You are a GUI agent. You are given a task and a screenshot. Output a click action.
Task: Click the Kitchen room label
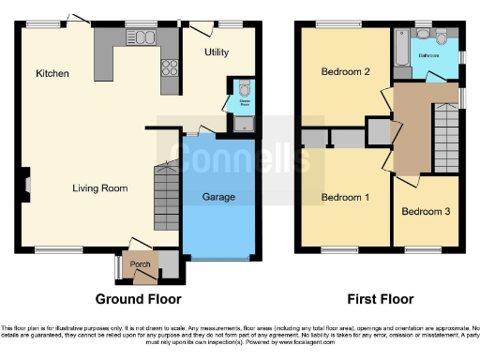(x=50, y=73)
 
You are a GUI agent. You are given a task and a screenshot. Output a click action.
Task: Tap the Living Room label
(x=99, y=188)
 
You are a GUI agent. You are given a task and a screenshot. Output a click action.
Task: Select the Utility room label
(x=217, y=52)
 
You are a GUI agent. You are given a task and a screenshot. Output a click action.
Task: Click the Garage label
(x=218, y=197)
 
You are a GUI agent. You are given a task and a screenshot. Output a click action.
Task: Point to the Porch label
(x=141, y=264)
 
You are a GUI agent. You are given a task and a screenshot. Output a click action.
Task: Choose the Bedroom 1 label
(x=345, y=198)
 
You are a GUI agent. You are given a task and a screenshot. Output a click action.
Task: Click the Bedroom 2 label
(x=345, y=71)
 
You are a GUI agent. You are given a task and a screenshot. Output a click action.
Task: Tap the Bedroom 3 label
(x=426, y=211)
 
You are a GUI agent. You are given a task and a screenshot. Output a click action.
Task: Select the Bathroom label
(x=430, y=55)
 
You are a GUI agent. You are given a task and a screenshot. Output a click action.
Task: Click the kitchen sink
(x=143, y=37)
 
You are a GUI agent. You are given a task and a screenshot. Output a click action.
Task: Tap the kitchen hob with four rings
(x=172, y=67)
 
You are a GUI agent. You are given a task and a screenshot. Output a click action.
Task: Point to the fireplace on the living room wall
(x=27, y=186)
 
